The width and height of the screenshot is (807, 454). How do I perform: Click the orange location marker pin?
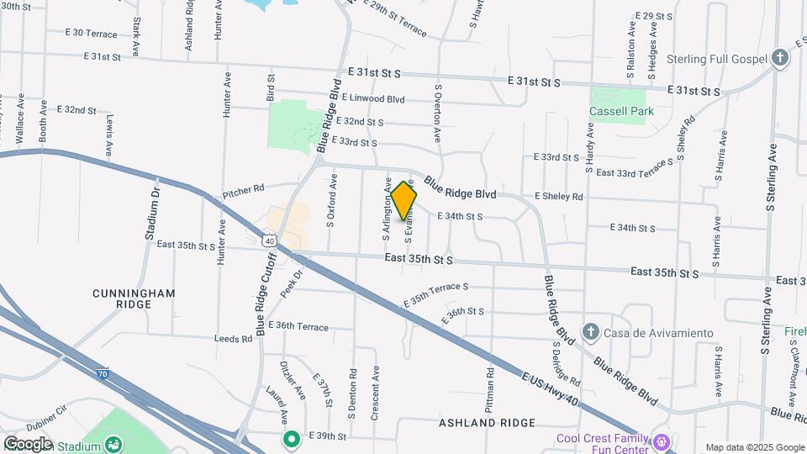[404, 200]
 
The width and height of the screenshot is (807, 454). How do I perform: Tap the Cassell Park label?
[621, 111]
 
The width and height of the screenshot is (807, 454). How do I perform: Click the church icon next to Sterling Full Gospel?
[781, 58]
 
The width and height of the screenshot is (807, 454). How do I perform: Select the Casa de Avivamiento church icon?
[590, 332]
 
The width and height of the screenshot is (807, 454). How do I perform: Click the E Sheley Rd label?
[558, 196]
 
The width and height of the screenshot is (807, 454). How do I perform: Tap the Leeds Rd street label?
[235, 339]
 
